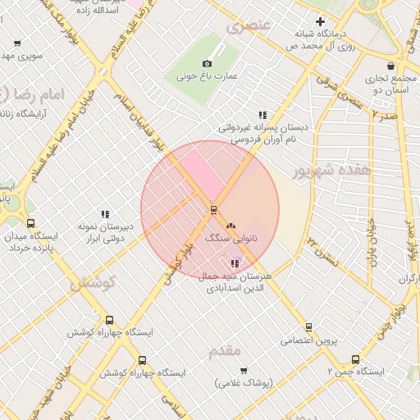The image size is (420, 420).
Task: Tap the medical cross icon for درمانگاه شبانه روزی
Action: coord(320,22)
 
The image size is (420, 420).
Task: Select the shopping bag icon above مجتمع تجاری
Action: coord(390,66)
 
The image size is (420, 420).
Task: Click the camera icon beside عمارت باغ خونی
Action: coord(207,63)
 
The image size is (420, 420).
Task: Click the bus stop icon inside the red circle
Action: coord(213,209)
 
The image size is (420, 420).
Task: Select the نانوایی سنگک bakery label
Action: coord(230,237)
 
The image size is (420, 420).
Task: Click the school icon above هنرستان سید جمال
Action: coord(235,263)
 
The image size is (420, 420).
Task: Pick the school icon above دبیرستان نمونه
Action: coord(105,214)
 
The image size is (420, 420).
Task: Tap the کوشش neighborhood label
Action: coord(93,283)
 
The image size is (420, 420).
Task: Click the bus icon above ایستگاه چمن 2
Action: coord(355,359)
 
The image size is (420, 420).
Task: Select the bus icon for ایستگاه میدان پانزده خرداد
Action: coord(31,223)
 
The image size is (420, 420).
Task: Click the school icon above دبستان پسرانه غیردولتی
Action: coord(262,116)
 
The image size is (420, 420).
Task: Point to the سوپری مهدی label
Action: coord(21,56)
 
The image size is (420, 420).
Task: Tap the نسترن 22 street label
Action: coord(322,247)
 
